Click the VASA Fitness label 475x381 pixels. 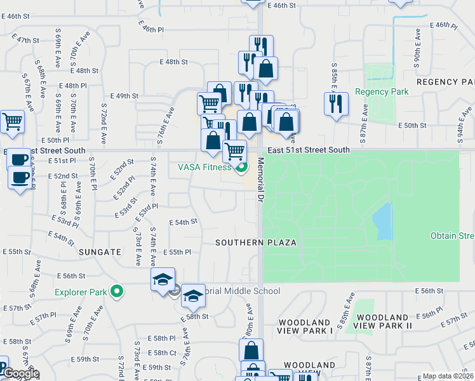(204, 168)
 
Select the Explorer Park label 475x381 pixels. (80, 292)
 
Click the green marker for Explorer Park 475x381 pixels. (116, 292)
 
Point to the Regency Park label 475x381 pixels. (382, 91)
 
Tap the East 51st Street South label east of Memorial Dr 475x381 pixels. (309, 150)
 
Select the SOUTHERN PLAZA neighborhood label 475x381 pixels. (247, 243)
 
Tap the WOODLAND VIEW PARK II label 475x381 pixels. (383, 321)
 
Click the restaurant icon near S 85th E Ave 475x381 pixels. (335, 103)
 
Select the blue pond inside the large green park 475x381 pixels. (382, 222)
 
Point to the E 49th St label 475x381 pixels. (124, 96)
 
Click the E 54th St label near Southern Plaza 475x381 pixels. (183, 222)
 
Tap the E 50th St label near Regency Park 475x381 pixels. (412, 126)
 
